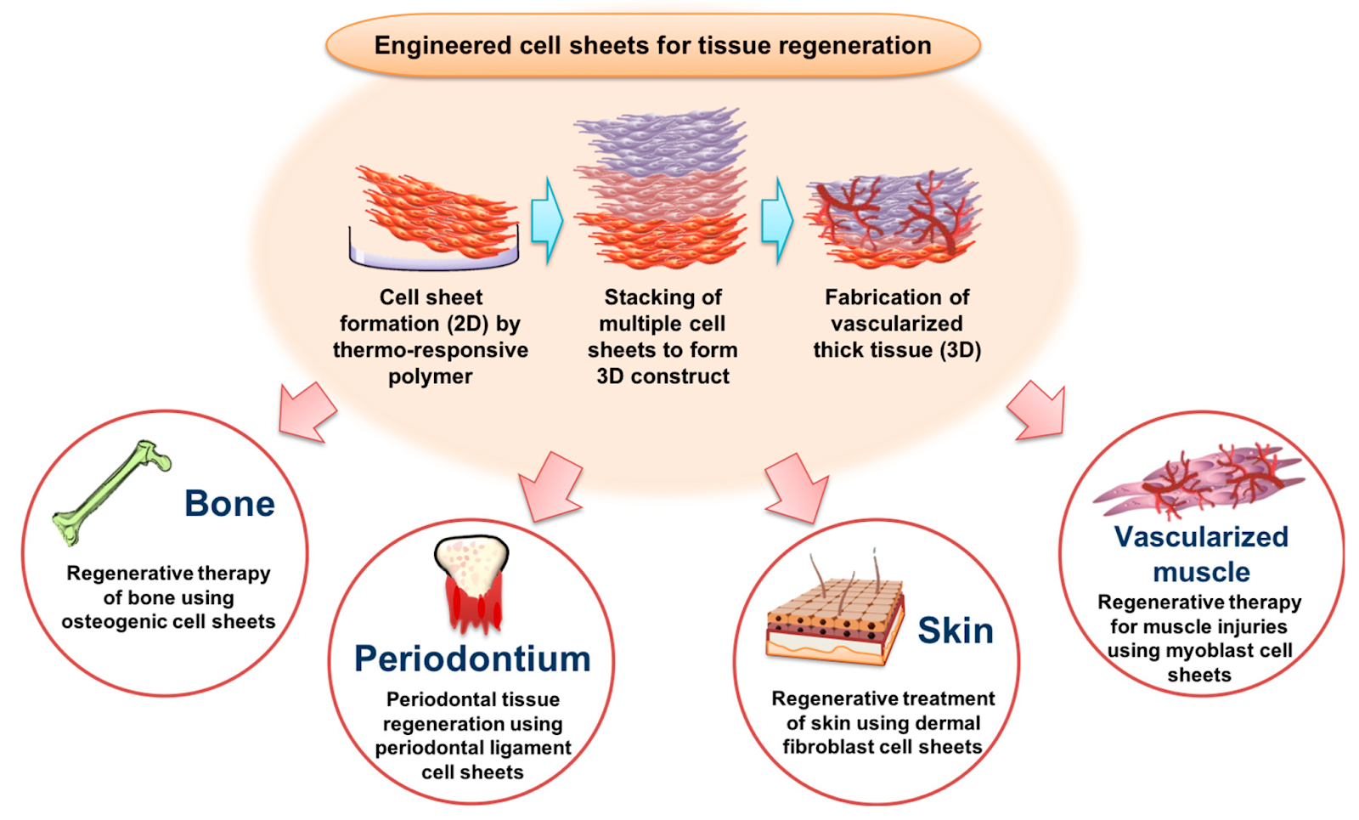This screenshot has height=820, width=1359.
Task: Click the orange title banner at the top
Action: coord(652,45)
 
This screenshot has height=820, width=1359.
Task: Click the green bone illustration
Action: coord(110,493)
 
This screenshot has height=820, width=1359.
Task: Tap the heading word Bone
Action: coord(229,504)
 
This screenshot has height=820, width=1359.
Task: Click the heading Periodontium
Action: coord(472,659)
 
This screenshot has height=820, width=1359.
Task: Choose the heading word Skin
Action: coord(955,631)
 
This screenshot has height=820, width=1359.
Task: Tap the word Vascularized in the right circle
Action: coord(1201,537)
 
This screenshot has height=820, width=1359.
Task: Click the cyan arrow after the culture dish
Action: coord(547,220)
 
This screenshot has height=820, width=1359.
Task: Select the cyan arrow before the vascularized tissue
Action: coord(776,220)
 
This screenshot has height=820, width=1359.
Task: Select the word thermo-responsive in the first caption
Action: coord(430,350)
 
